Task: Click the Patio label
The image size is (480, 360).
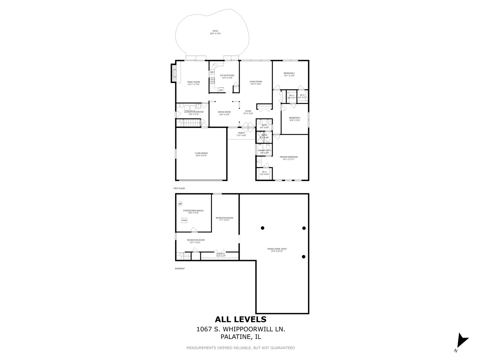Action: tap(215, 32)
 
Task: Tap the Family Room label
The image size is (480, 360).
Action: tap(193, 83)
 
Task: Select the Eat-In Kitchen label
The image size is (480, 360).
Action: tap(227, 76)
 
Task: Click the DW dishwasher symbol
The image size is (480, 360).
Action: tap(212, 72)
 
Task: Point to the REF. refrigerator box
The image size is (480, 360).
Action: tap(221, 90)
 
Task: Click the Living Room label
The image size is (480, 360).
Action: tap(256, 83)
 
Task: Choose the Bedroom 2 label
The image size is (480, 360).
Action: tap(289, 74)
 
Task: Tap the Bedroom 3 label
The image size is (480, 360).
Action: tap(295, 119)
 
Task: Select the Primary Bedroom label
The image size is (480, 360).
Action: tap(289, 158)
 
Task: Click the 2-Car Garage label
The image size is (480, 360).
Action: tap(201, 154)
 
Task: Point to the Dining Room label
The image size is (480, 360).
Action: tap(224, 113)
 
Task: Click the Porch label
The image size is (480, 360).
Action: tap(241, 134)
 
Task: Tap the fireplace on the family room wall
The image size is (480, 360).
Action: tap(173, 73)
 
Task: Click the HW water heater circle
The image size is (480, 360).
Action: tap(180, 204)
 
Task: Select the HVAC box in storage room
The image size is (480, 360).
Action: tap(184, 220)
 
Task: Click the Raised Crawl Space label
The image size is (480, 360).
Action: tap(277, 250)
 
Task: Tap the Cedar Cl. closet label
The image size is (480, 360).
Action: tap(221, 255)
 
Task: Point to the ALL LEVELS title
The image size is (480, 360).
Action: tap(240, 319)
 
